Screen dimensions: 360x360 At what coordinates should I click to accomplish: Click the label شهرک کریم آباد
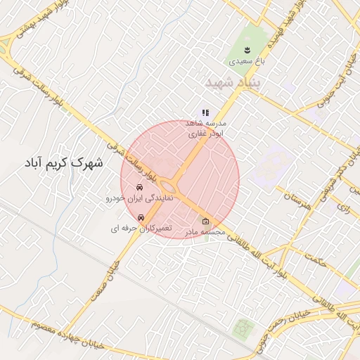point(68,163)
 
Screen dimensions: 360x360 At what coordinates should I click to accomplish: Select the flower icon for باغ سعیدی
point(247,49)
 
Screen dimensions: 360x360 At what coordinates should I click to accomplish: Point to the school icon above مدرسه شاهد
point(205,112)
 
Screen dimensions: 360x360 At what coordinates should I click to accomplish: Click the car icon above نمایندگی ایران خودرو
point(140,188)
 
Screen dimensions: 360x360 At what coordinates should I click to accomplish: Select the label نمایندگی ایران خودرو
point(139,199)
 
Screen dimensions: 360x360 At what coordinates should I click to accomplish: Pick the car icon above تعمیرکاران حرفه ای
point(141,217)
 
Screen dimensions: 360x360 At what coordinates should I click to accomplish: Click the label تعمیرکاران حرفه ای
point(141,229)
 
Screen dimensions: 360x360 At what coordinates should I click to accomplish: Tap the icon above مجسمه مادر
point(205,220)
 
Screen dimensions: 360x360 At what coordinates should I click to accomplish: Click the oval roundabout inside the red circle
point(169,186)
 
